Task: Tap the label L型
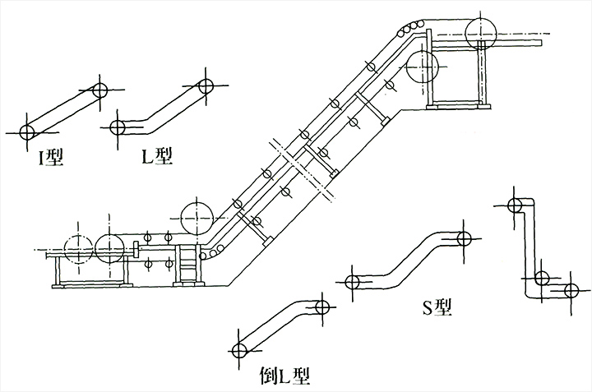(x=157, y=154)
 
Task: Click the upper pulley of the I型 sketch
(x=100, y=90)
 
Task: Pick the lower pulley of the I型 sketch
(x=28, y=131)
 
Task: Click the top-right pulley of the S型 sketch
(x=464, y=239)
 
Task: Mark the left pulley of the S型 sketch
(x=353, y=283)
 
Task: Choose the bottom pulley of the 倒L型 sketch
(x=240, y=351)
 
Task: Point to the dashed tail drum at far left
(x=76, y=249)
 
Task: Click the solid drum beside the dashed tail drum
(x=111, y=248)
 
